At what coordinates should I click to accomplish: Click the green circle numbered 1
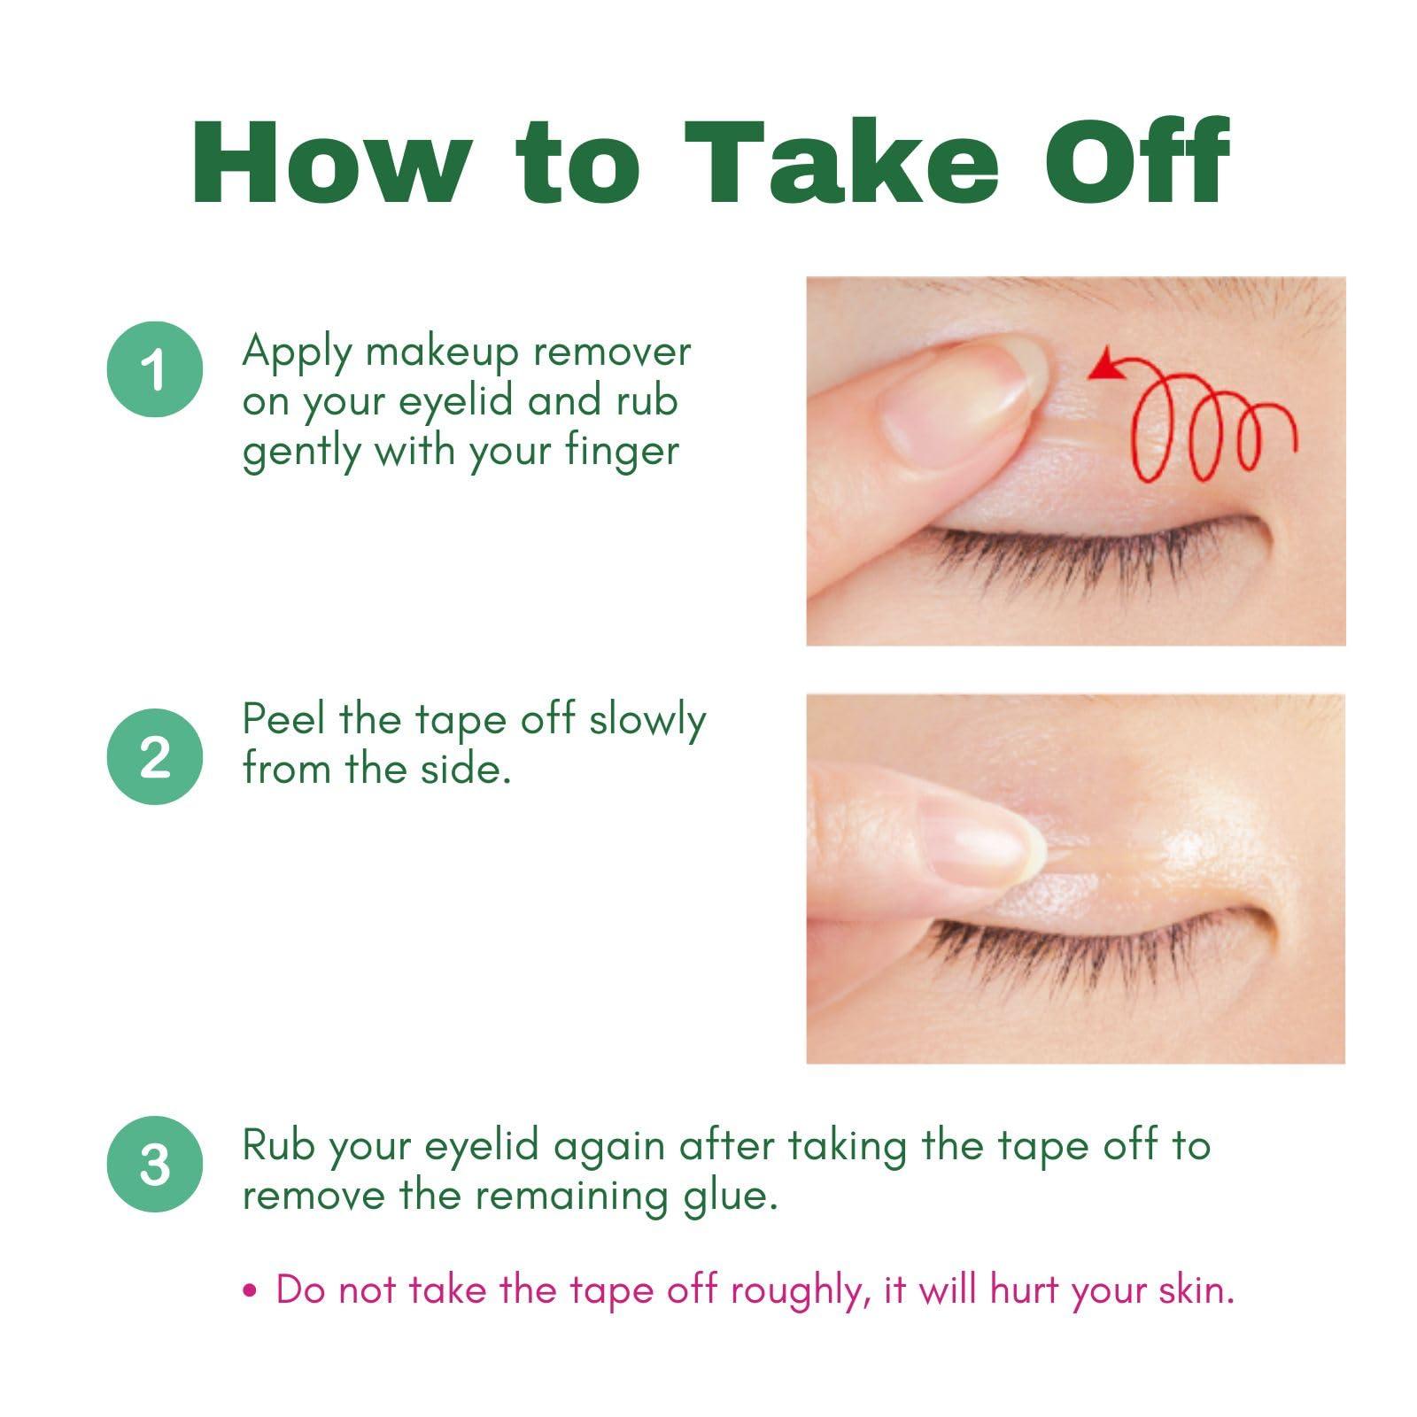(x=155, y=368)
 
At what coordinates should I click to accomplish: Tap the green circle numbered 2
(x=155, y=756)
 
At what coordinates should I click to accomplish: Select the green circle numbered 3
(x=155, y=1164)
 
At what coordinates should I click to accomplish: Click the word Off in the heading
(x=1138, y=161)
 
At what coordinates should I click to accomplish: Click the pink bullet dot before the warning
(x=250, y=1290)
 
